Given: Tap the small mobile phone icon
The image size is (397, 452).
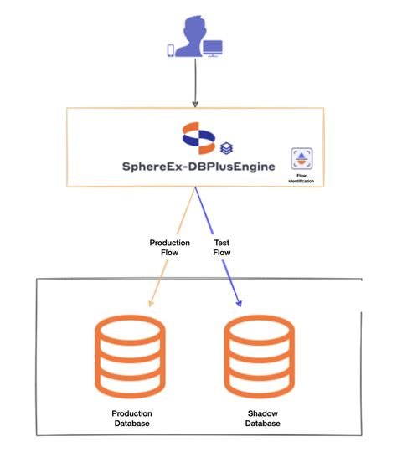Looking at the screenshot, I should coord(172,50).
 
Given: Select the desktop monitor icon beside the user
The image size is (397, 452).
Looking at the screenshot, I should coord(213,49).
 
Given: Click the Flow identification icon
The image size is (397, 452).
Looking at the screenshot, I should coord(302,159).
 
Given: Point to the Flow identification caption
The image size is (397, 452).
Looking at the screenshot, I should coord(302,177).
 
